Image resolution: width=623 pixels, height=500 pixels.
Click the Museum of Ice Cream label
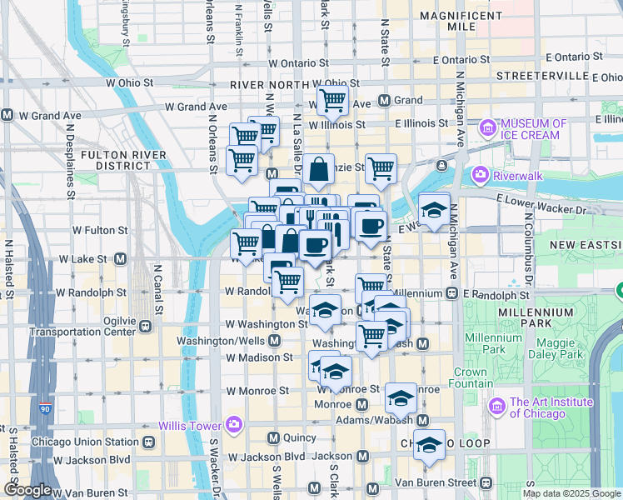533,129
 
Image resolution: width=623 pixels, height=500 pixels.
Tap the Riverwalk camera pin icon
480,175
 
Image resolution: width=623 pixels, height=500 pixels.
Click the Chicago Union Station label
84,442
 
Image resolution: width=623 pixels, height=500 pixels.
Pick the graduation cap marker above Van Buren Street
430,445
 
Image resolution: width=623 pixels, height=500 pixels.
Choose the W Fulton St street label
100,229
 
